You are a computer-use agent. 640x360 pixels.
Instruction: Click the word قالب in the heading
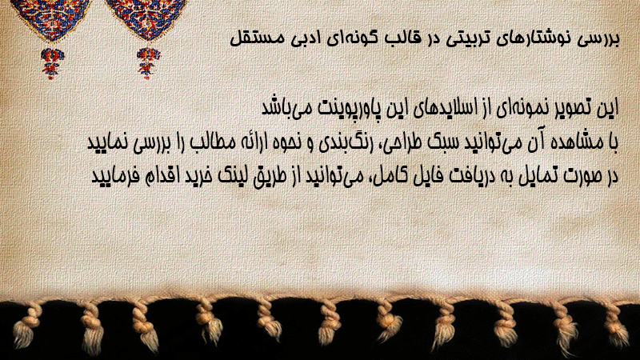(x=401, y=38)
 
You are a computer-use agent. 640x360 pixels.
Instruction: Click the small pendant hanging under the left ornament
(x=52, y=63)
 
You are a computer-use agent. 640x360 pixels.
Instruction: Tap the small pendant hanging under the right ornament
(x=148, y=63)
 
